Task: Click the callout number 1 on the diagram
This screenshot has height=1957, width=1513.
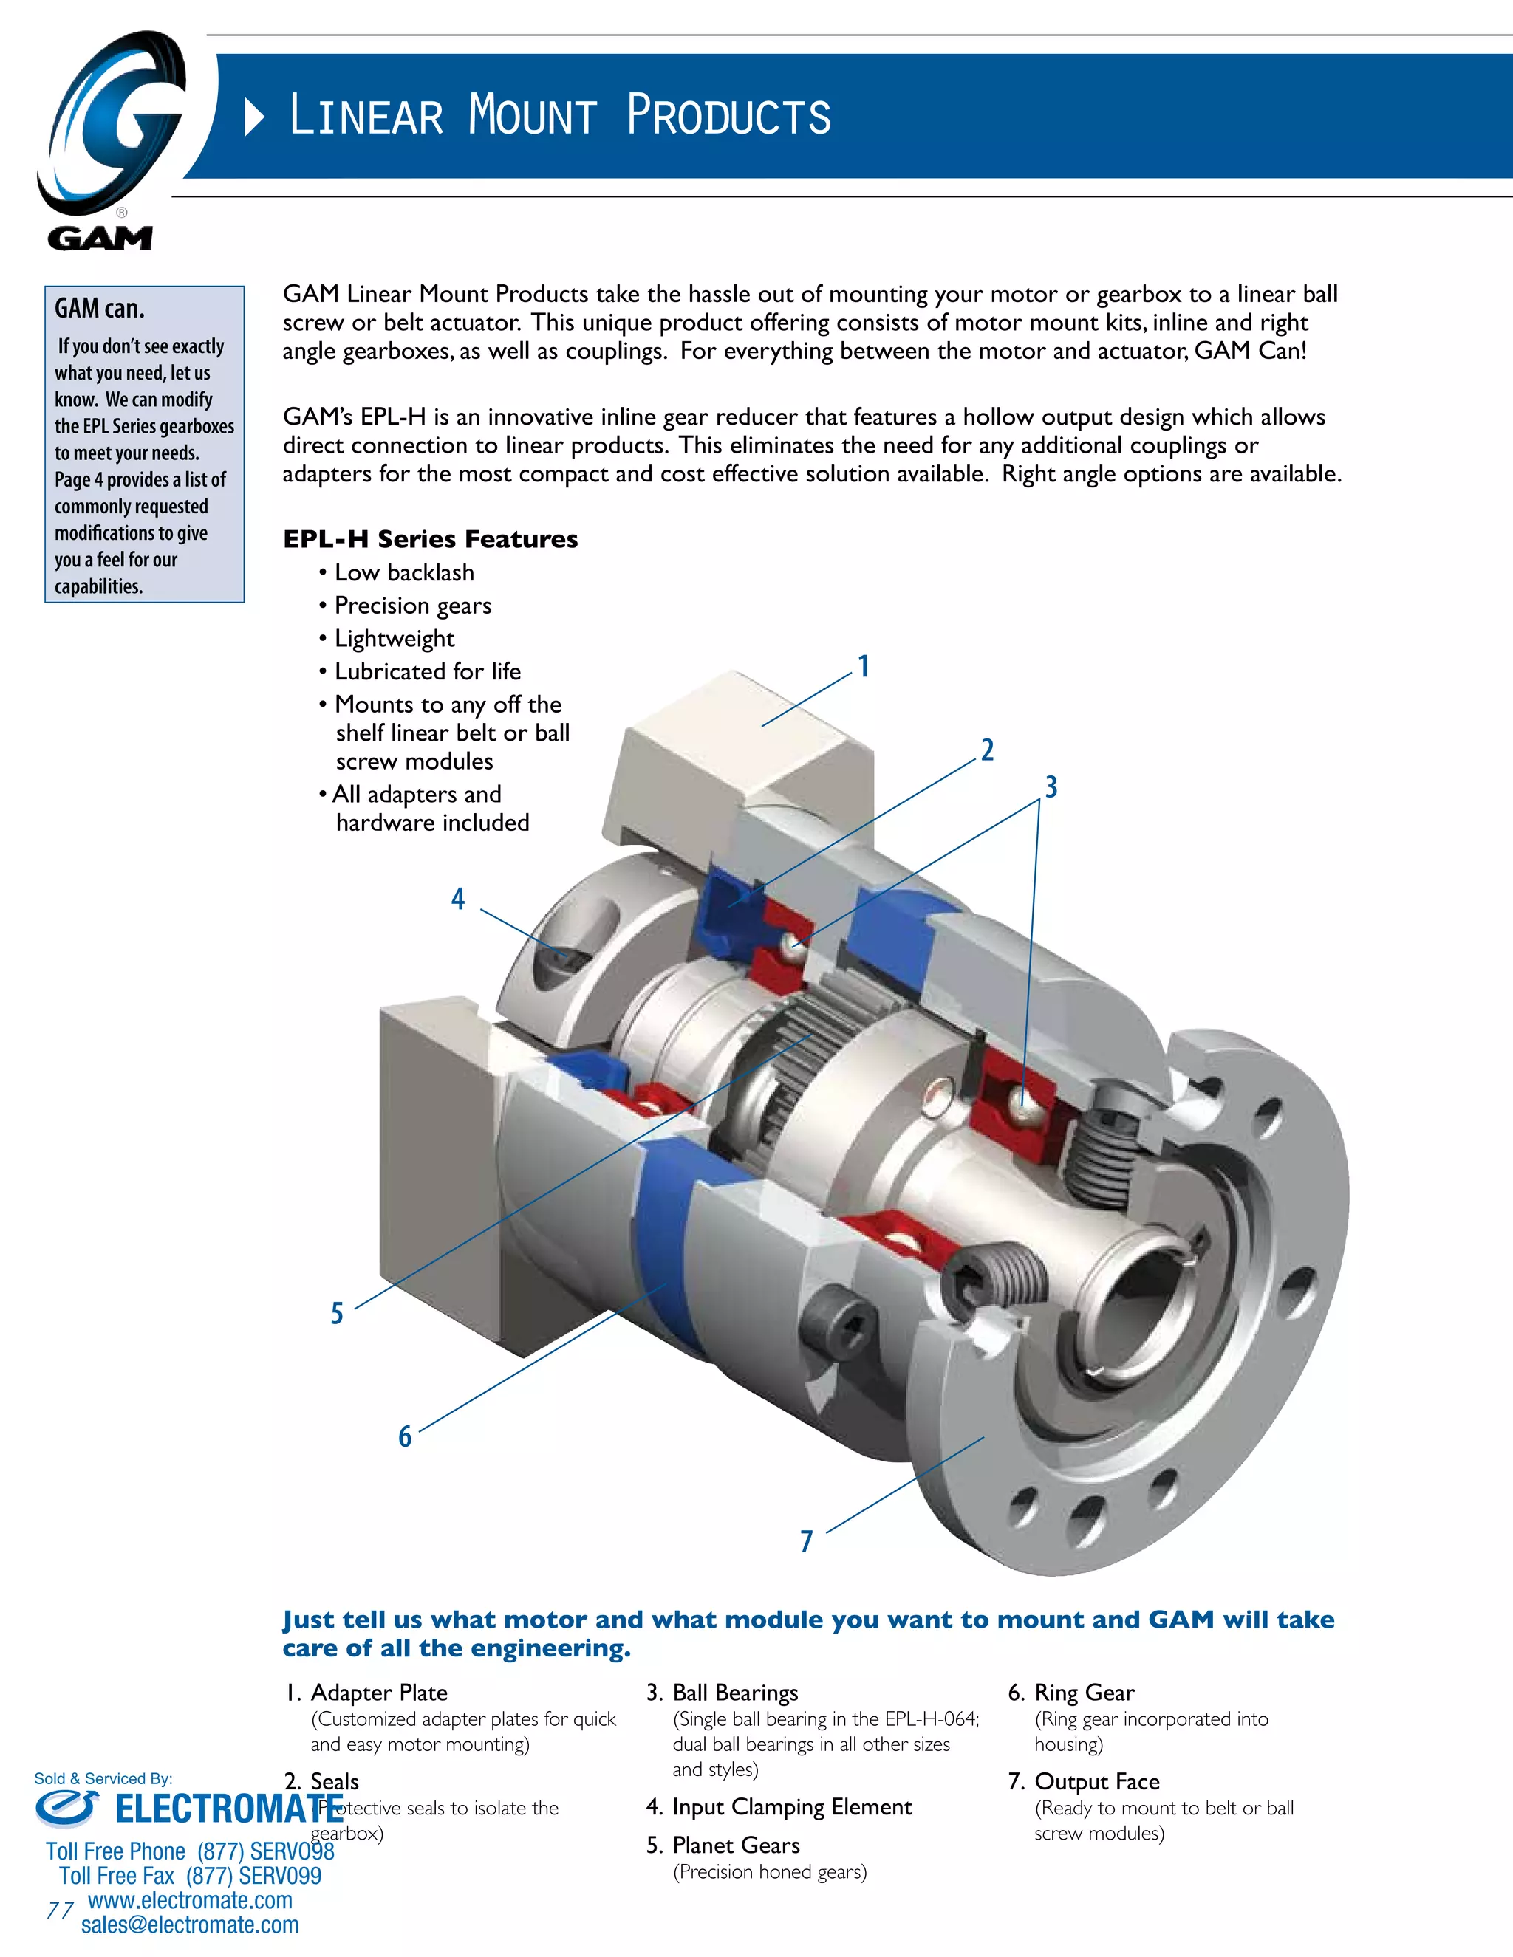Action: [x=863, y=667]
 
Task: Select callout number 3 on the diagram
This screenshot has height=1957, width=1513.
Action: [x=1051, y=786]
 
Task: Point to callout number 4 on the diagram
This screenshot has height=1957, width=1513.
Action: [x=458, y=899]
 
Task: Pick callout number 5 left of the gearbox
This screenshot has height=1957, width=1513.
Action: [x=337, y=1314]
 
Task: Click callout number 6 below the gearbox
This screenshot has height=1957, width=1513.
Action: [x=405, y=1436]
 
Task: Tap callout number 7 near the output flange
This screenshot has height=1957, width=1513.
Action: [x=807, y=1541]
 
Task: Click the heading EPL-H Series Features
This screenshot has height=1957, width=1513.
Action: [x=430, y=539]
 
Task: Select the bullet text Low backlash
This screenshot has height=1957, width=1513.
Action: [x=404, y=572]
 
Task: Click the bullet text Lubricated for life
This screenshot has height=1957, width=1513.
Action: [x=428, y=671]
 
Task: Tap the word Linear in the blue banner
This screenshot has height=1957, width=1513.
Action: [x=366, y=116]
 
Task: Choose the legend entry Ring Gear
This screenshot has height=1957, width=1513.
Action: [x=1084, y=1693]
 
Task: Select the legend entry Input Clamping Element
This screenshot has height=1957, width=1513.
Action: [x=791, y=1807]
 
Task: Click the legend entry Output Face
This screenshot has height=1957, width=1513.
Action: [x=1096, y=1781]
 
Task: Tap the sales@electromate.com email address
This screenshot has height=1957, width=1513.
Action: [x=190, y=1925]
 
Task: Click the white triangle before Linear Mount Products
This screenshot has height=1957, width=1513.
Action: [x=255, y=117]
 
